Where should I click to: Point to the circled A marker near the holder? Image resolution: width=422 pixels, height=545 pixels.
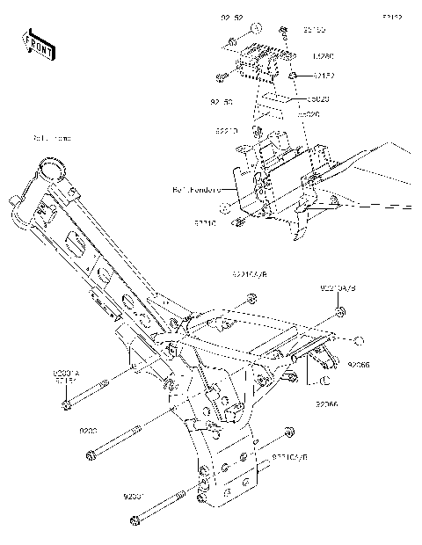(254, 28)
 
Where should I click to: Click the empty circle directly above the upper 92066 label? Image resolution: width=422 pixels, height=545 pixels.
(358, 338)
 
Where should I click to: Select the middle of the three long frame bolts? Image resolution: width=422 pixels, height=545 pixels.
(113, 442)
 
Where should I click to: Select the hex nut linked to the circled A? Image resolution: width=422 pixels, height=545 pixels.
(230, 41)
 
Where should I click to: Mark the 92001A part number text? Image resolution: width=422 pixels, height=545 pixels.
(68, 373)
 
